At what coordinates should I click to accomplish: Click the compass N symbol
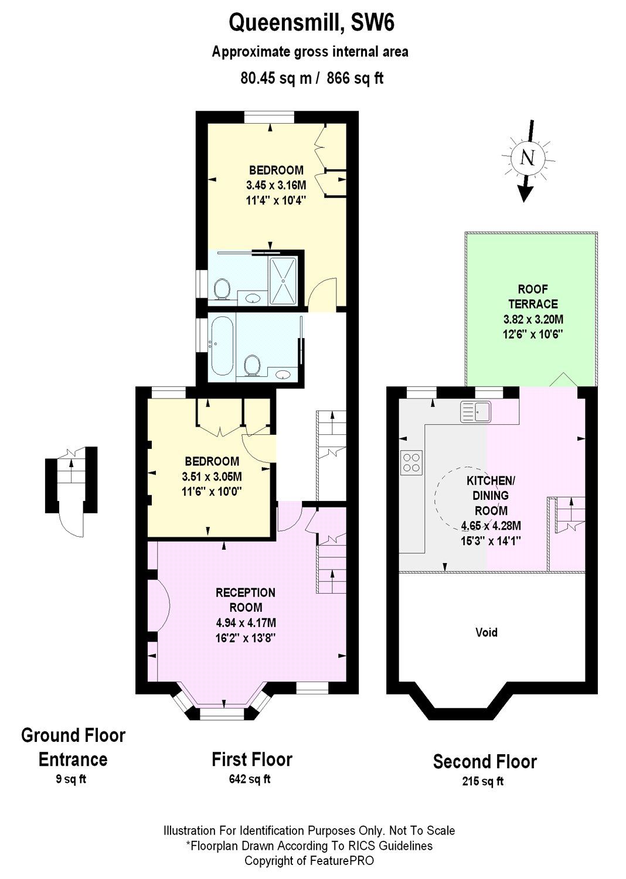tap(528, 157)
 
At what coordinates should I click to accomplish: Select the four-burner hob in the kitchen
tap(411, 461)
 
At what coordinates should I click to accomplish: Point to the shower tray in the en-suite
tap(284, 281)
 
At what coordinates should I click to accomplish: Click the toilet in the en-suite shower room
tap(221, 288)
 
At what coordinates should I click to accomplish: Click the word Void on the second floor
tap(486, 632)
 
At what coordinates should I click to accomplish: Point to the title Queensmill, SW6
tap(311, 24)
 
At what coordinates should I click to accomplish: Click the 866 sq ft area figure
tap(355, 78)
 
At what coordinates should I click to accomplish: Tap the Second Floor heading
tap(485, 761)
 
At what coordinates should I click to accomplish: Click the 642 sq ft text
tap(250, 779)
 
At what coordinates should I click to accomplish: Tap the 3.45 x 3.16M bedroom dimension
tap(276, 185)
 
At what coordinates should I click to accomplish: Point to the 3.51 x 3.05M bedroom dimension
tap(212, 476)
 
